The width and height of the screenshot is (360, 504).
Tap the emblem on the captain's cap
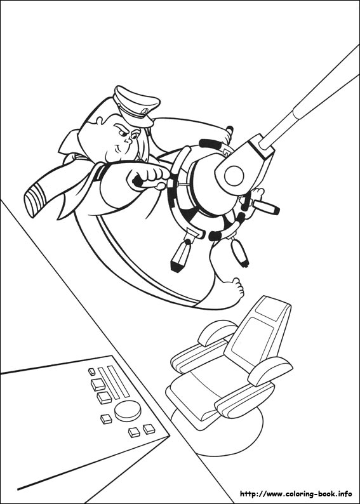click(x=146, y=111)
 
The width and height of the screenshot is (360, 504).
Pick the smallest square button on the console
click(x=92, y=371)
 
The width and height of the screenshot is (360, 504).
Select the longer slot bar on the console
click(x=115, y=381)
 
